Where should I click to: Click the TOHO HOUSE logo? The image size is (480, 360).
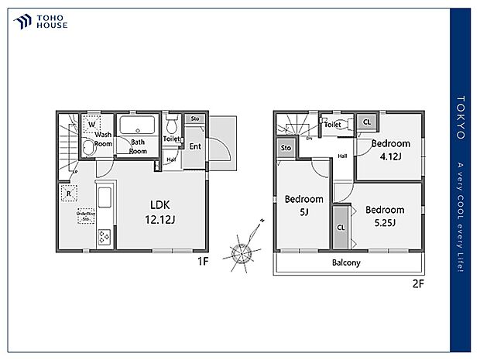point(39,22)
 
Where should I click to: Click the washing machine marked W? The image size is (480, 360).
point(91,124)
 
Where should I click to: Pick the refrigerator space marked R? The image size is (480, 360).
point(70,194)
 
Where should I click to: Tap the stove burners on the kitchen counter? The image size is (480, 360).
point(103,237)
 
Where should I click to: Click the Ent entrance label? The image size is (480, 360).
point(195,146)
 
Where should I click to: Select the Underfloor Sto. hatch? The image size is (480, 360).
point(84,218)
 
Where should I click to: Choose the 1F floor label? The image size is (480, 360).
point(203,262)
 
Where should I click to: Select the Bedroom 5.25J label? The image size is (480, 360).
point(385,216)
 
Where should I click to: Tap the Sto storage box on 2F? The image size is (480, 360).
point(286,148)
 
